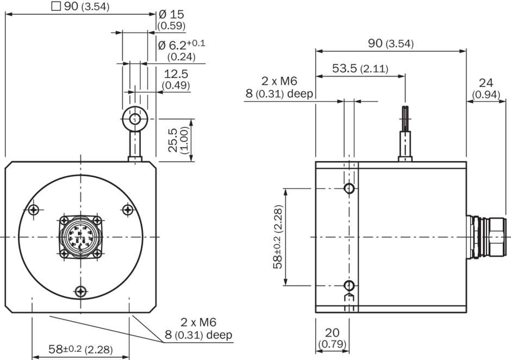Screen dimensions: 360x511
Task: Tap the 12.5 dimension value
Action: (176, 74)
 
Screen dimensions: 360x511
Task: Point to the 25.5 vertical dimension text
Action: (173, 140)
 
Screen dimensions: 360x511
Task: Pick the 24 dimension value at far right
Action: (485, 83)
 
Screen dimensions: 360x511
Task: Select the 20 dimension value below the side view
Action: (332, 332)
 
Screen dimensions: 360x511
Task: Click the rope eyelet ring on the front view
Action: (134, 119)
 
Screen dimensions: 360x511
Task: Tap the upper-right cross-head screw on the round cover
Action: (127, 209)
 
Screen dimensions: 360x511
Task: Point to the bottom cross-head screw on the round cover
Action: (81, 291)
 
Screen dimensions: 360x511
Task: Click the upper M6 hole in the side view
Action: (350, 189)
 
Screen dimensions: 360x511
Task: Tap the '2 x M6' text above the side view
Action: (279, 82)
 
